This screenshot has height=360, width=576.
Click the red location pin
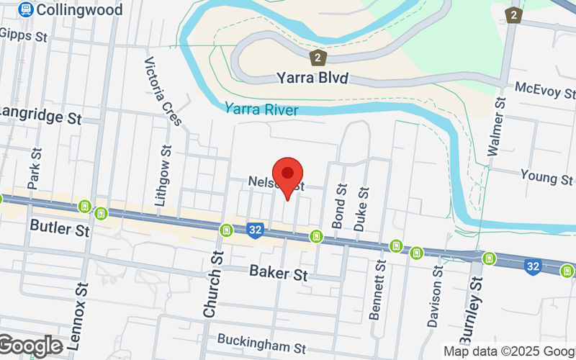coord(289,175)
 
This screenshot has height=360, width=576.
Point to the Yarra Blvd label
coord(312,78)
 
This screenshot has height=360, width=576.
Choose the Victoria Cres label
coord(163,91)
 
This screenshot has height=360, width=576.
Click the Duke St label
coord(361,210)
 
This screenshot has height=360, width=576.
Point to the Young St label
coord(546,178)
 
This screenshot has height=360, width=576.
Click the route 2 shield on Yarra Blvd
coord(317,56)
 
